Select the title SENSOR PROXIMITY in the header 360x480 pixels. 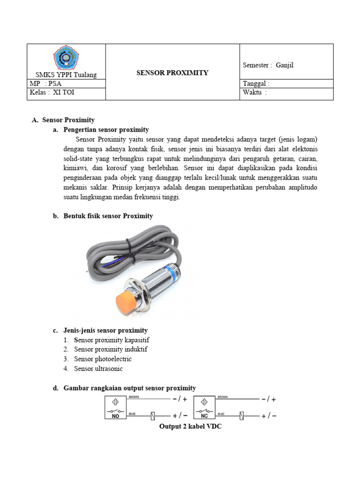click(172, 73)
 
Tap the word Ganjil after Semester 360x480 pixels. click(285, 65)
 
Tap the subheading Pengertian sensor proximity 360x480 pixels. click(106, 129)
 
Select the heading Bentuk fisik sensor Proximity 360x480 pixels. click(108, 216)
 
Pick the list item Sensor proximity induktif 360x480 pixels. click(111, 349)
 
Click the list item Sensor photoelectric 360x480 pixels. click(103, 359)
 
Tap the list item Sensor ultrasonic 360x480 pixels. click(98, 368)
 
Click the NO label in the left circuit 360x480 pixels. click(115, 415)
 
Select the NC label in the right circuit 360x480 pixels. click(204, 415)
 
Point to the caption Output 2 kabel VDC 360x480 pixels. click(190, 427)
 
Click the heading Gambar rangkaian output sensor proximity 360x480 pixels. click(129, 388)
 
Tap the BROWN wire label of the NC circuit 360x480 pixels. click(222, 397)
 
